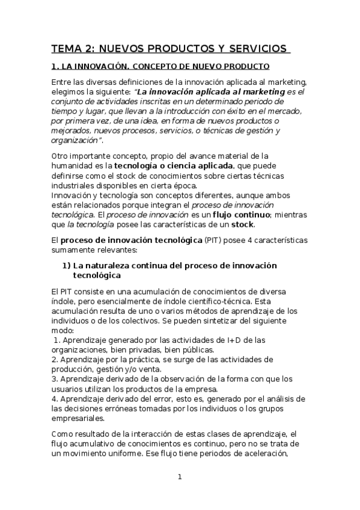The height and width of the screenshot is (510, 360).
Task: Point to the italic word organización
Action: click(x=76, y=140)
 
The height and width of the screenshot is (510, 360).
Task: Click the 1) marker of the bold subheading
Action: click(x=67, y=265)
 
